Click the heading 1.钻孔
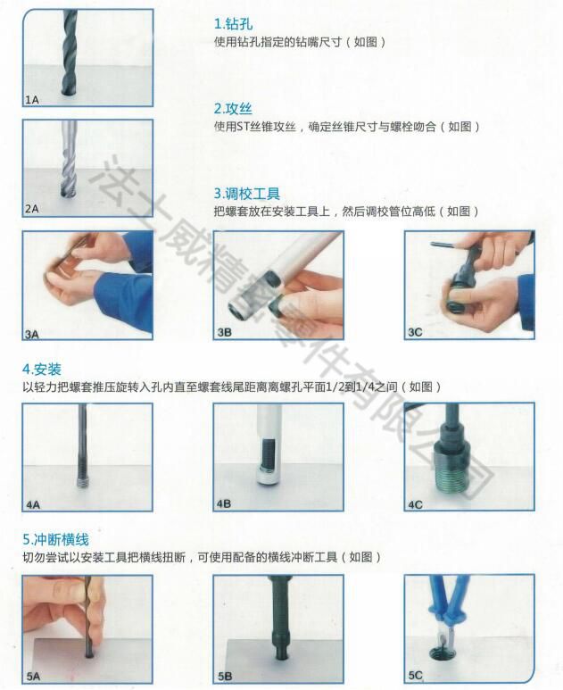[233, 25]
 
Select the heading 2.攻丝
[233, 109]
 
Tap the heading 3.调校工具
[247, 194]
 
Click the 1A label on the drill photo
[32, 100]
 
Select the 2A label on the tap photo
[32, 209]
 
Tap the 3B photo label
[224, 333]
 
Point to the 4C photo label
[415, 504]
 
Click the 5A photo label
[33, 677]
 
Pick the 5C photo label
[415, 677]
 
